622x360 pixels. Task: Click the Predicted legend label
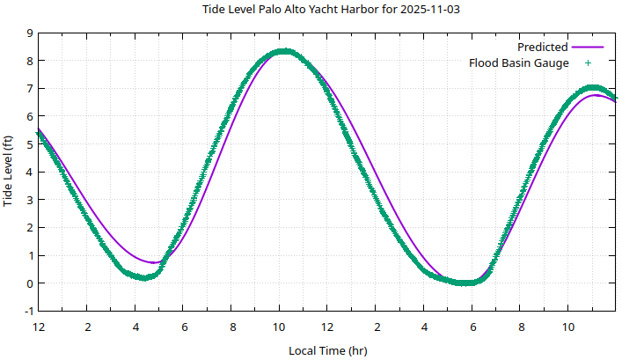coord(542,47)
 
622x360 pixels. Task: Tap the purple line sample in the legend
coord(588,47)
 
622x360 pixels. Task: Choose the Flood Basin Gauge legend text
coord(518,62)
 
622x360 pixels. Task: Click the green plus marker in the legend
coord(588,62)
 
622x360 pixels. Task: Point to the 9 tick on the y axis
coord(30,33)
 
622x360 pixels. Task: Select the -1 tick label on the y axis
coord(28,312)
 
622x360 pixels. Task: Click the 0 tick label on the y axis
coord(30,283)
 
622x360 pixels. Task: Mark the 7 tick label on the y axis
coord(30,88)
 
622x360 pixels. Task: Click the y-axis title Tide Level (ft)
coord(9,172)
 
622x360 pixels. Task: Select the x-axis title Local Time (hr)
coord(328,350)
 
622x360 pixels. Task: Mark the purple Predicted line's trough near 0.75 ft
coord(154,262)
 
